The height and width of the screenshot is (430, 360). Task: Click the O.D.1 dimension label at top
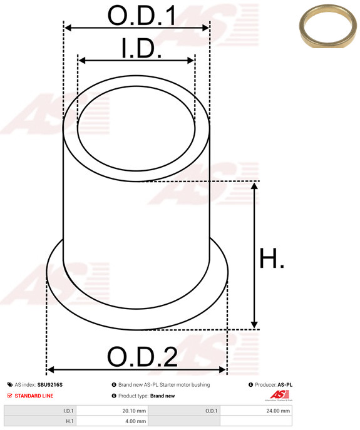(141, 16)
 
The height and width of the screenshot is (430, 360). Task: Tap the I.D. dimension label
(141, 49)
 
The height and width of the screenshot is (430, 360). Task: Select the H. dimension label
(272, 258)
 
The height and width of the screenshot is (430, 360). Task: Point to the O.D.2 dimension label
(142, 357)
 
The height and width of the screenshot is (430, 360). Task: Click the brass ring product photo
(328, 26)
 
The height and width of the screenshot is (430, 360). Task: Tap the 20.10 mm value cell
(134, 411)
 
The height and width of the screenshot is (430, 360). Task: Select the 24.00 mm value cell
(278, 411)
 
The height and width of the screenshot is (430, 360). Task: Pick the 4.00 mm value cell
(136, 421)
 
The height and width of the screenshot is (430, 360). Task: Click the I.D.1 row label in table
(68, 411)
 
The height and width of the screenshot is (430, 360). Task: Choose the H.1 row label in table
(69, 421)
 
